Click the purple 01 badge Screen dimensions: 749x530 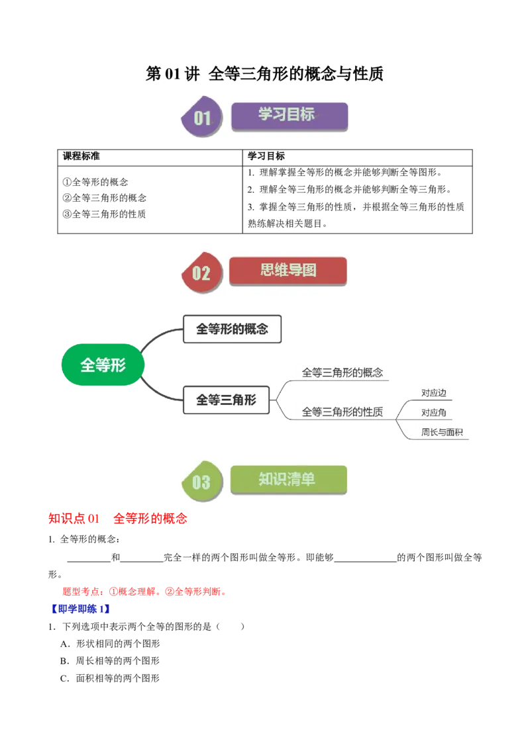pos(201,118)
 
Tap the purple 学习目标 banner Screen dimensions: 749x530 pos(289,115)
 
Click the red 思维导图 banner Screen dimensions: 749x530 pos(288,271)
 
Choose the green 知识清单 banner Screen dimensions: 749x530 pos(288,480)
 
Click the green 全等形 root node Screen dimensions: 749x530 pos(103,365)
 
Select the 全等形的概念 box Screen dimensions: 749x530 pos(233,328)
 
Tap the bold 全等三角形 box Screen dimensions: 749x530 pos(225,400)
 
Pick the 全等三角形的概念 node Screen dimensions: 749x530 pos(342,373)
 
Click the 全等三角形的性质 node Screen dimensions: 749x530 pos(342,412)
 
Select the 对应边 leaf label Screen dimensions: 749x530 pos(434,393)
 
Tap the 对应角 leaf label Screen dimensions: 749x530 pos(434,413)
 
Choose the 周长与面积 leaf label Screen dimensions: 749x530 pos(442,433)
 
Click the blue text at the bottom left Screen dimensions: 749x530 pos(79,609)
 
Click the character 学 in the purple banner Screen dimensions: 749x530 pos(266,114)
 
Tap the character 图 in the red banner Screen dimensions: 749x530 pos(309,270)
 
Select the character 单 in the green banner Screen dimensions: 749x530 pos(308,479)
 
